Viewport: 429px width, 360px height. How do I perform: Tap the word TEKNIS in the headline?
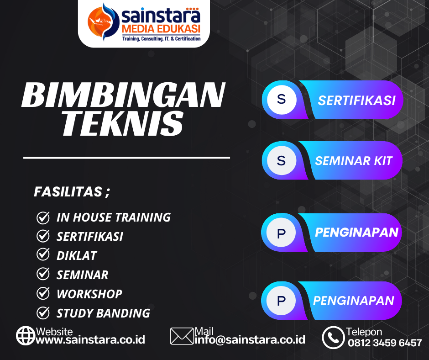coord(122,123)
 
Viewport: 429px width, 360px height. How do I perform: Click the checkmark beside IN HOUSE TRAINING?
coord(43,217)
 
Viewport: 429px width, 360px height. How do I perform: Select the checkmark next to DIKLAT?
coord(43,255)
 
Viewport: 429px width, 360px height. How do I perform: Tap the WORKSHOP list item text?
coord(89,294)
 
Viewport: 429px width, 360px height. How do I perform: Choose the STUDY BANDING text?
coord(103,313)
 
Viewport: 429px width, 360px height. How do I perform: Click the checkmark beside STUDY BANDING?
coord(43,313)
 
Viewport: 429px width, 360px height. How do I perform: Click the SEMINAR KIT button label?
coord(354,160)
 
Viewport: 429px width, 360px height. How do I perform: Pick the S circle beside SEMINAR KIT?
coord(281,160)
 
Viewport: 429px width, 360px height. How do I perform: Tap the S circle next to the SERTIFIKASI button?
coord(281,99)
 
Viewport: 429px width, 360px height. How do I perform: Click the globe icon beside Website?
coord(26,336)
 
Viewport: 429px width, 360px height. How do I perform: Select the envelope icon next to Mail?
coord(182,336)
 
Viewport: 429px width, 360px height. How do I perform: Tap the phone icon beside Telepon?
coord(333,338)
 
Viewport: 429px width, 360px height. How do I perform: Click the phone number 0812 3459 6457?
coord(385,343)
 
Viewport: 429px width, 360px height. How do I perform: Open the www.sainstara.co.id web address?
coord(90,340)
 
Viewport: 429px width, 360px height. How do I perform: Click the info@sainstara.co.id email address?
coord(250,340)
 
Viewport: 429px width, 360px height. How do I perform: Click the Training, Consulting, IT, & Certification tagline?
coord(161,39)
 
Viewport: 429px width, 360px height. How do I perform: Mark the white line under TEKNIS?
coord(126,158)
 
